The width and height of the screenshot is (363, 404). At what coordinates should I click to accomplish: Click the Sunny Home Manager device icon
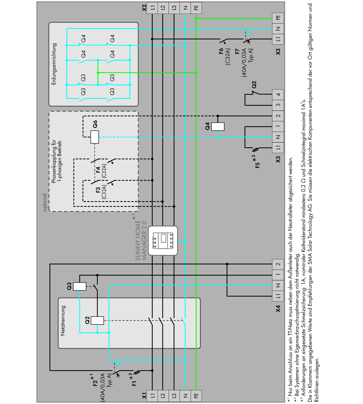[163, 241]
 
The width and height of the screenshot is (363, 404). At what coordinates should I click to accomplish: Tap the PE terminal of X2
[196, 8]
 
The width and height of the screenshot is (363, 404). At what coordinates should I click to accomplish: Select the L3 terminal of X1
[174, 396]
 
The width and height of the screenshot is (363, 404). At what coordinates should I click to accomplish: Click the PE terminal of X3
[278, 18]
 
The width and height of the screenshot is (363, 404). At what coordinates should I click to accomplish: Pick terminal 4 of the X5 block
[278, 94]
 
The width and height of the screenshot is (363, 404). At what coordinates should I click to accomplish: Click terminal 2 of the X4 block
[278, 264]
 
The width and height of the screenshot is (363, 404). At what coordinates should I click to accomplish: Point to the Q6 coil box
[95, 137]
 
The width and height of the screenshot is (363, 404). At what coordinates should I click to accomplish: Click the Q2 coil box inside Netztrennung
[97, 320]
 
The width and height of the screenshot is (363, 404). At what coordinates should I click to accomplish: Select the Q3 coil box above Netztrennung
[79, 286]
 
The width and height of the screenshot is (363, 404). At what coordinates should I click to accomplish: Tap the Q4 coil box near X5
[218, 127]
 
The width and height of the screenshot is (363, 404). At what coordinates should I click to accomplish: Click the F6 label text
[221, 51]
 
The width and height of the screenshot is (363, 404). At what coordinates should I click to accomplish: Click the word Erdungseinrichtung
[54, 64]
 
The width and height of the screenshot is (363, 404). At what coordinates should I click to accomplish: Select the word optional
[45, 202]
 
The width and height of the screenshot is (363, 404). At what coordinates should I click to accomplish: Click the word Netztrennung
[63, 320]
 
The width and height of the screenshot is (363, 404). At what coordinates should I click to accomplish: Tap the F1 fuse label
[134, 383]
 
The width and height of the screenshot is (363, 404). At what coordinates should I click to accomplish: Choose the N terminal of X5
[278, 137]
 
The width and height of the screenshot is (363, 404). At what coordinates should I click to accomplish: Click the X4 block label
[278, 309]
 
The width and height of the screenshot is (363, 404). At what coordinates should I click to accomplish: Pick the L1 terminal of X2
[153, 8]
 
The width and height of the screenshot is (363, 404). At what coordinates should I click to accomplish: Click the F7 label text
[237, 51]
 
